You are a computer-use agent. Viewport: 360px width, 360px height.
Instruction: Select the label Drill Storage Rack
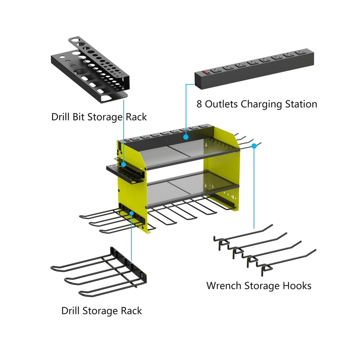(x=102, y=311)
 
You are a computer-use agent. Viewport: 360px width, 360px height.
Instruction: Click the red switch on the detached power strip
(x=206, y=72)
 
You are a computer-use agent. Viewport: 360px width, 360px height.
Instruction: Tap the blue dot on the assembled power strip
(x=186, y=137)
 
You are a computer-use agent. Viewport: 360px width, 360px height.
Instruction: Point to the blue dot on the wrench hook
(x=255, y=145)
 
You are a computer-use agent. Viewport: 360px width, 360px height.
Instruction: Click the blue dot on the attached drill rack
(x=132, y=213)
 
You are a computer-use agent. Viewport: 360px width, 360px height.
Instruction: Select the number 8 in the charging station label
(x=199, y=104)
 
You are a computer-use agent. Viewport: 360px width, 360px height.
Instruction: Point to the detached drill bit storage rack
(x=90, y=68)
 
